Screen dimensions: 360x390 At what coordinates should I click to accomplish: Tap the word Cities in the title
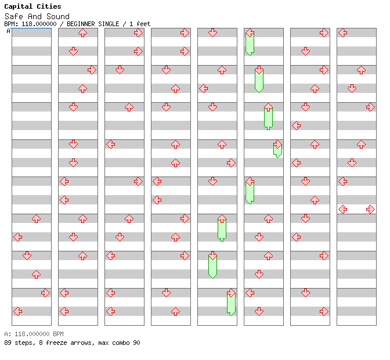49,6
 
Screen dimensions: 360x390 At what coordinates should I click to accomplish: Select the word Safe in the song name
13,16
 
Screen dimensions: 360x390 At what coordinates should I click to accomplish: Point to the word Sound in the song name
57,16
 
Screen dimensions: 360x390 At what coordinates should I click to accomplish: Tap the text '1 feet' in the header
140,24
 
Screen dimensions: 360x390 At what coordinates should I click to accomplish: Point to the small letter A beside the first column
8,31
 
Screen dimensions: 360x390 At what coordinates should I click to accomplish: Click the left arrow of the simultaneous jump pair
343,209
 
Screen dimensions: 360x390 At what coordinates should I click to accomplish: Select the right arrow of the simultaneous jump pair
370,209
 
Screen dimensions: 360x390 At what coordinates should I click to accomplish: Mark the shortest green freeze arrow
277,149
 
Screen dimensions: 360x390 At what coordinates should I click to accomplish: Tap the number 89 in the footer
8,343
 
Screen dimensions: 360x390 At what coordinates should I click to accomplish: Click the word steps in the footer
24,343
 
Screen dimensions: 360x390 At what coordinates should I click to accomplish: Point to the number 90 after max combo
136,343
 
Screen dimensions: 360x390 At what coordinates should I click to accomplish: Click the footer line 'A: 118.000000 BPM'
34,334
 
